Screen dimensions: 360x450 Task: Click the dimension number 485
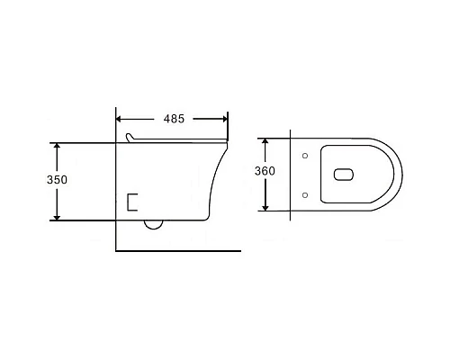[x=176, y=118]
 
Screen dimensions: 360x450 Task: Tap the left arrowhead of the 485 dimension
[x=122, y=118]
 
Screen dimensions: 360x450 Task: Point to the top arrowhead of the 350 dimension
[x=58, y=146]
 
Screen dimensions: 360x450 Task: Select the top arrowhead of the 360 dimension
[x=265, y=142]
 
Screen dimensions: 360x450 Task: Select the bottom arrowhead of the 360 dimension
[x=265, y=206]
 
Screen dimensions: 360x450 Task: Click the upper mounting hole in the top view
[x=305, y=157]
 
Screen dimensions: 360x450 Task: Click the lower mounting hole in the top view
[x=305, y=193]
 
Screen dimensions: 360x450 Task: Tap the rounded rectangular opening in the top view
[x=343, y=175]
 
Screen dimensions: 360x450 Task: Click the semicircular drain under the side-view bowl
[x=154, y=223]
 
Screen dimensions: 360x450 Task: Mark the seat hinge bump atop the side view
[x=131, y=137]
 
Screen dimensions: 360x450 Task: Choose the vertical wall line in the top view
[x=291, y=175]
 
